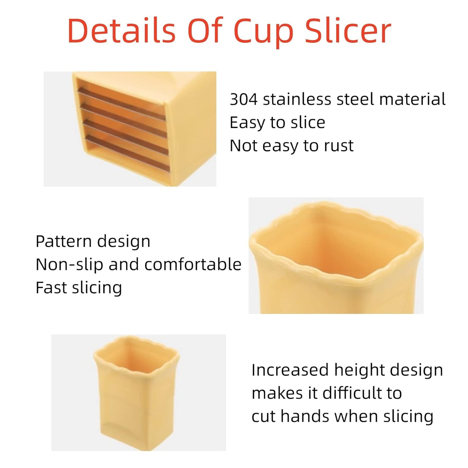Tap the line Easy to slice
point(277,122)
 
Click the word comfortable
point(193,265)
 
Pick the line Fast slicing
point(79,288)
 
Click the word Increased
point(290,370)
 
